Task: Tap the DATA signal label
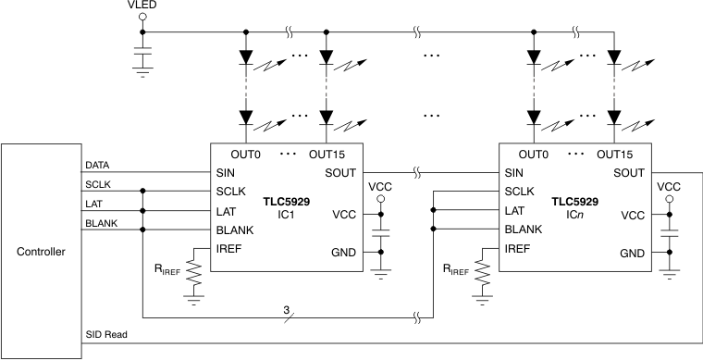click(97, 164)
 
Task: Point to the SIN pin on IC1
click(225, 173)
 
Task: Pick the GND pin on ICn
click(632, 254)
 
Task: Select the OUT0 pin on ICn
click(534, 154)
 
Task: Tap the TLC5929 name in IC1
click(286, 201)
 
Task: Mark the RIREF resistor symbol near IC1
click(193, 272)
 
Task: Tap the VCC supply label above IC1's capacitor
click(379, 187)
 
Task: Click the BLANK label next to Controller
click(101, 222)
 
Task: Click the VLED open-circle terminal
click(142, 19)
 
